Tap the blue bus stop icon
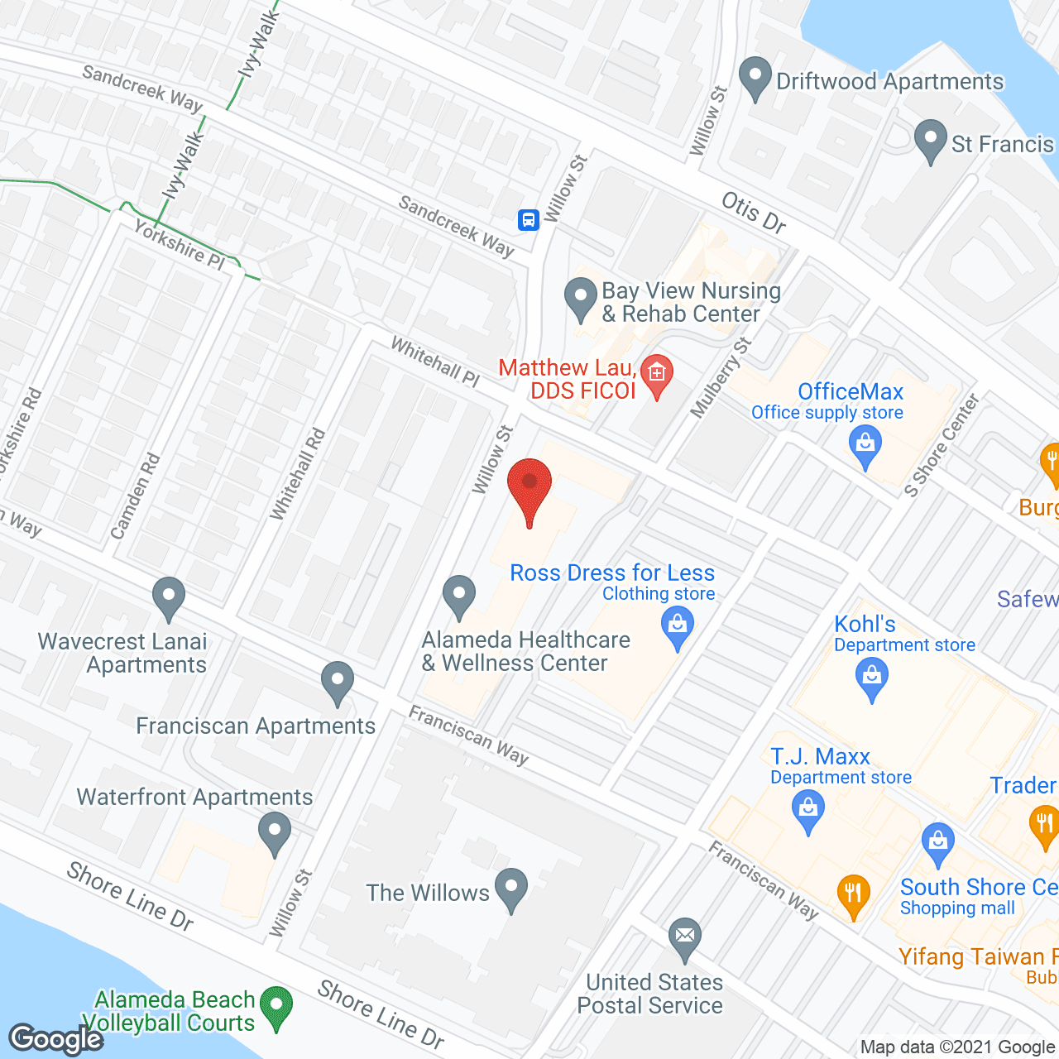[529, 219]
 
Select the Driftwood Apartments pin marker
[755, 78]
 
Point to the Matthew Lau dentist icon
[657, 374]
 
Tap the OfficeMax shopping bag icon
[865, 447]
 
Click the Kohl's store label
[865, 624]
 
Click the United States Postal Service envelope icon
[685, 938]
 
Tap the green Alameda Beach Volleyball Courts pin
[276, 1007]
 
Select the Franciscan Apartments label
[255, 726]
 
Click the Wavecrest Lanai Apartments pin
[169, 597]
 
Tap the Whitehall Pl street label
[434, 362]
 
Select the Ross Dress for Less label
[612, 573]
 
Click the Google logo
[56, 1039]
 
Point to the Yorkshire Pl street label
[179, 245]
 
